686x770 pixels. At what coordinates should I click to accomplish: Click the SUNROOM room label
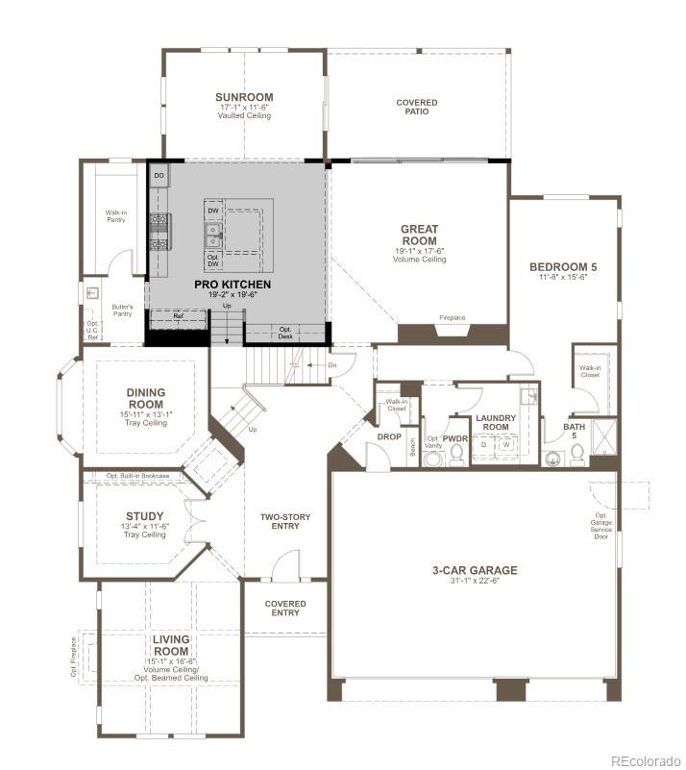point(243,97)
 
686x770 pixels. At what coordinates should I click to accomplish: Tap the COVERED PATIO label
point(417,107)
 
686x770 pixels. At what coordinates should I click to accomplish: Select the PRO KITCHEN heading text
point(233,285)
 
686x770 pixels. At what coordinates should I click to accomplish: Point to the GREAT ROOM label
point(420,236)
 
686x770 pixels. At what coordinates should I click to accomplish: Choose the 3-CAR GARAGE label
point(475,570)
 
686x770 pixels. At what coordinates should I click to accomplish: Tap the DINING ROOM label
point(146,398)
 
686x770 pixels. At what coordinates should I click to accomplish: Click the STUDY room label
point(145,516)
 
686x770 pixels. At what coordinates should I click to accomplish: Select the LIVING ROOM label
point(171,645)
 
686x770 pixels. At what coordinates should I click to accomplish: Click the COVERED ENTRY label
point(285,609)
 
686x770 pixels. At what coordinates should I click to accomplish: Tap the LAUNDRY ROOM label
point(496,421)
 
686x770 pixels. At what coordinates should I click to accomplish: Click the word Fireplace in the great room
point(453,317)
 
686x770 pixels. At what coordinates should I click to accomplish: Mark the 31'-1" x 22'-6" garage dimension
point(475,582)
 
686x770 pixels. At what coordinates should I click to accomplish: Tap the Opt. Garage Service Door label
point(602,525)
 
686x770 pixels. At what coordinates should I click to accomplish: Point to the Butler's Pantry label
point(123,310)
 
